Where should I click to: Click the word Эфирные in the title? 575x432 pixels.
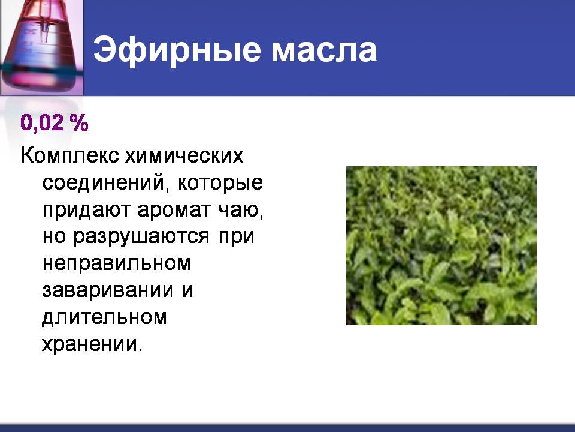click(x=177, y=50)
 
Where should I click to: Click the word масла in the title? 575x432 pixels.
click(x=324, y=50)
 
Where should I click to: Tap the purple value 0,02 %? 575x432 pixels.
click(x=55, y=122)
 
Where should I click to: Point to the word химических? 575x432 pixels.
click(x=184, y=156)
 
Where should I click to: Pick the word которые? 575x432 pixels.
click(x=220, y=183)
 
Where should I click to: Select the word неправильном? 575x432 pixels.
click(x=117, y=263)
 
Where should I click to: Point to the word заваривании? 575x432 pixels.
click(x=108, y=290)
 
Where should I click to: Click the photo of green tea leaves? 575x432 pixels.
click(x=441, y=245)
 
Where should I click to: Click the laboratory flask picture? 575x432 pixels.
click(x=41, y=47)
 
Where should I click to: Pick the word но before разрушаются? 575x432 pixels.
click(x=55, y=236)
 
